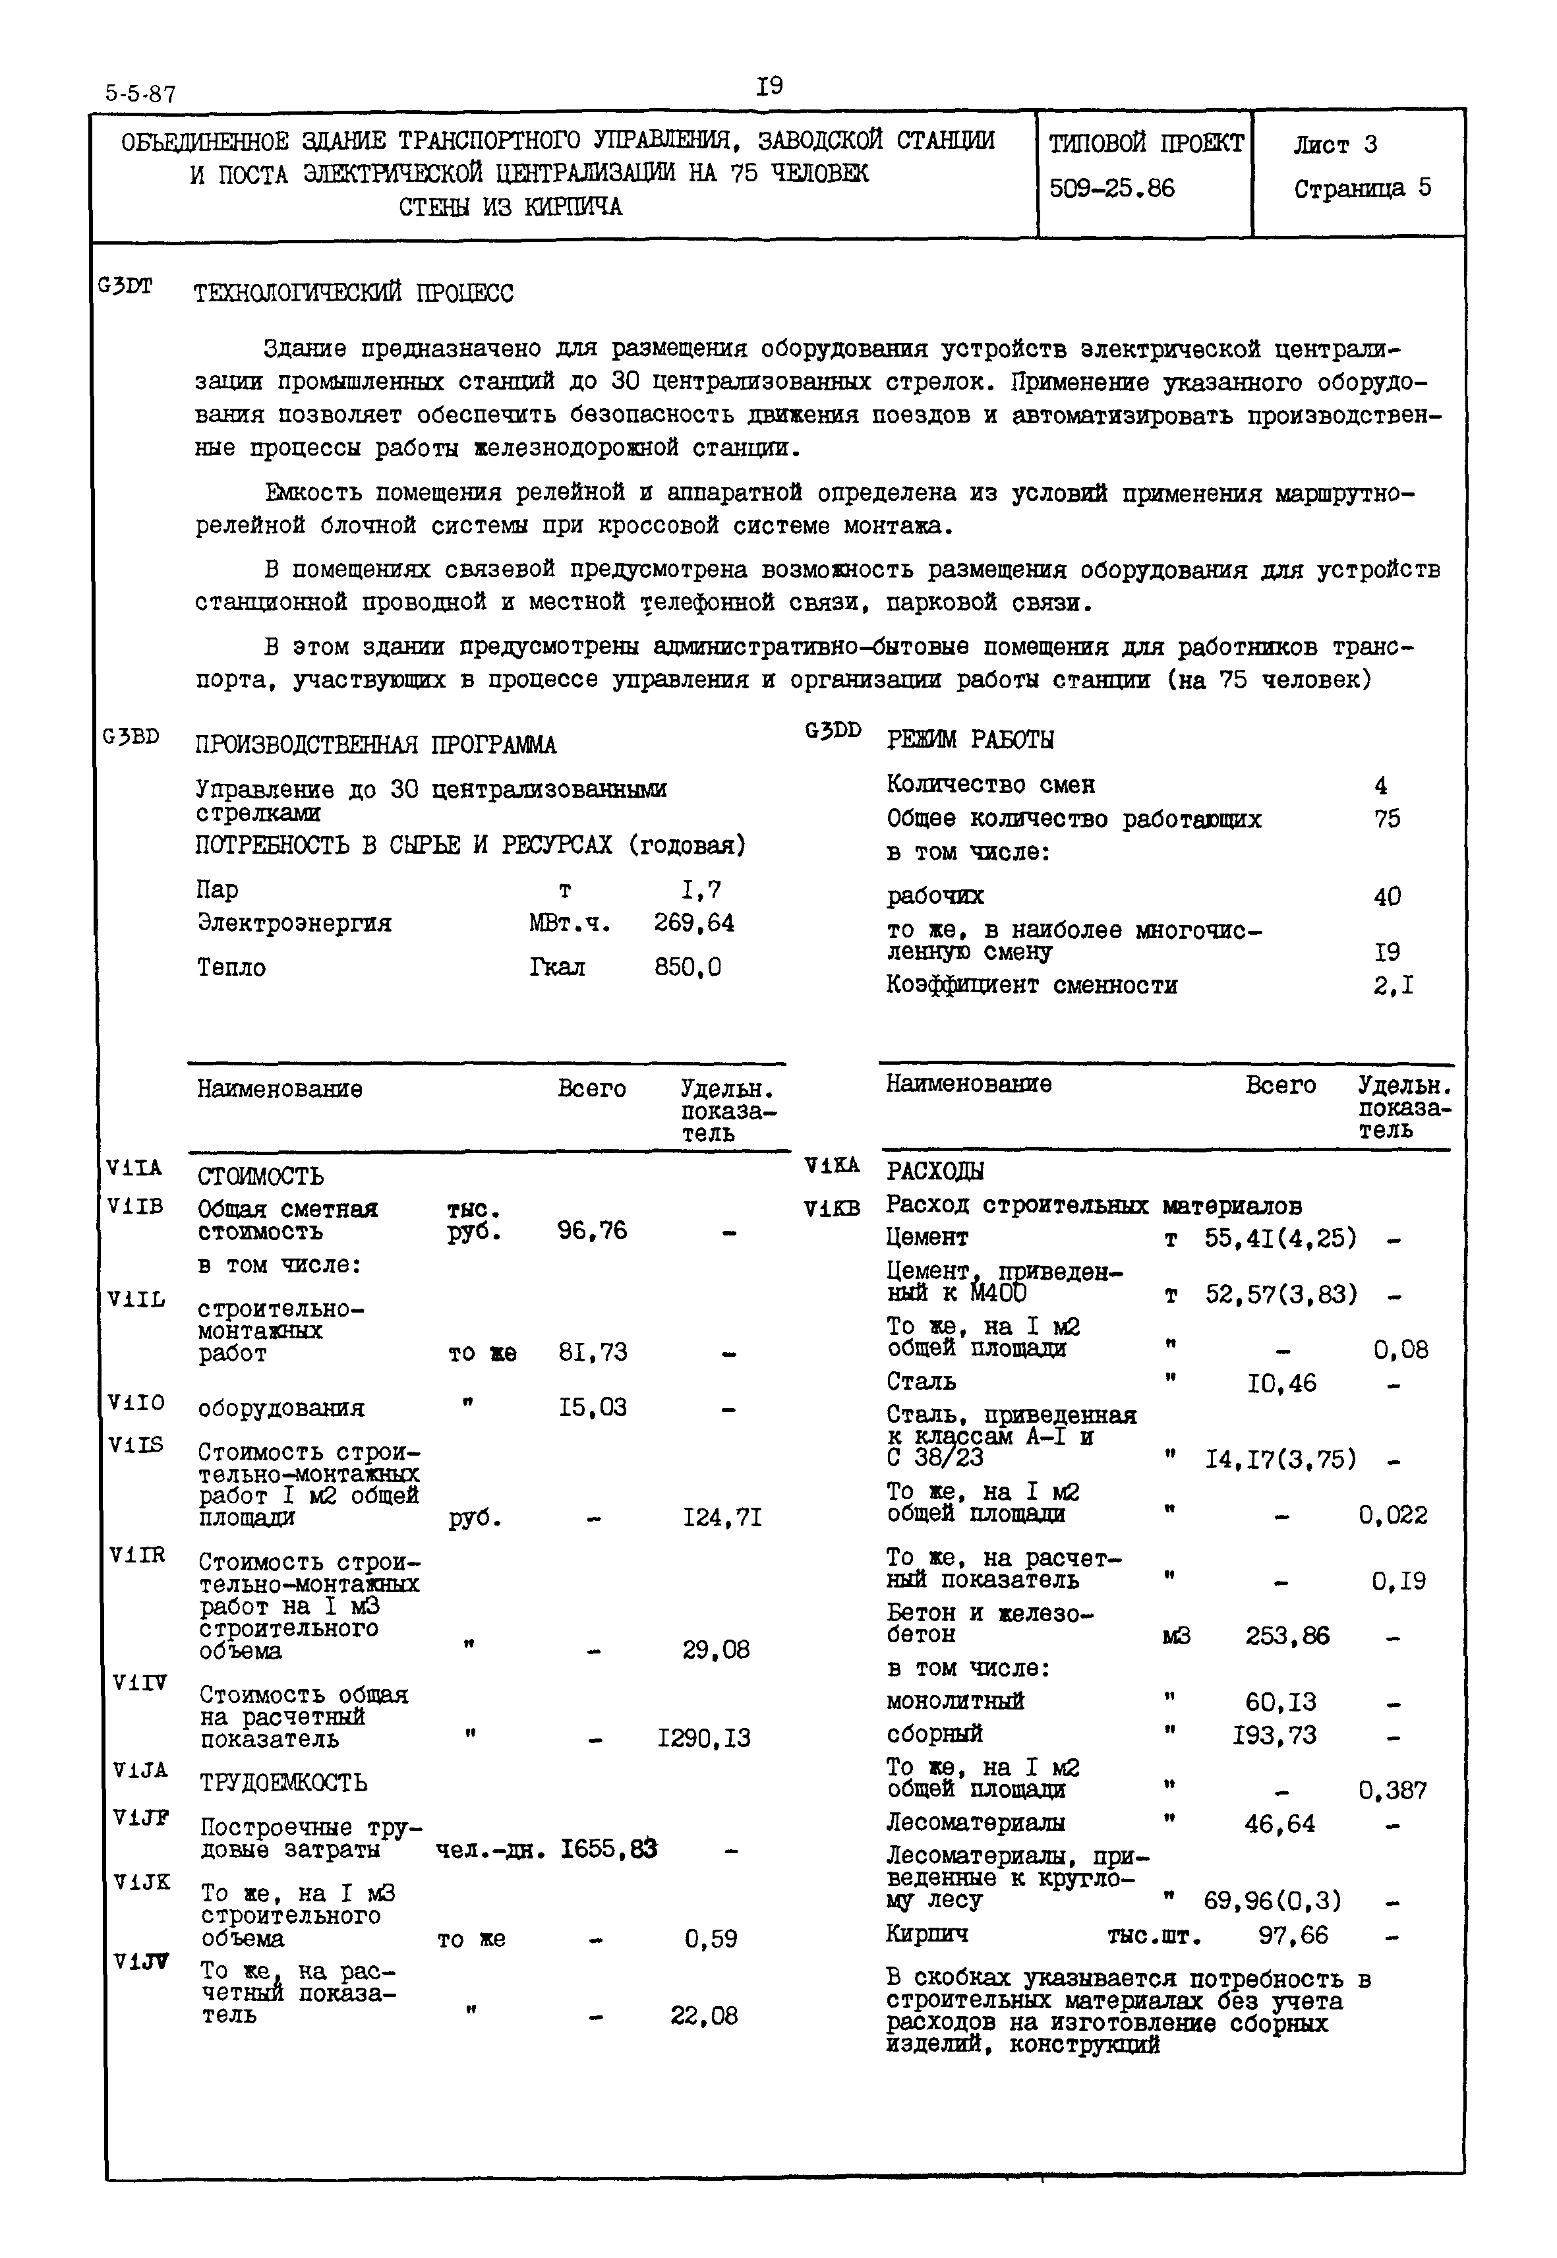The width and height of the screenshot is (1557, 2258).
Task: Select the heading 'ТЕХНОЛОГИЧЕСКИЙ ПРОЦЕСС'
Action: point(353,293)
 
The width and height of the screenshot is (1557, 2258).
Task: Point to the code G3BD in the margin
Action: point(131,736)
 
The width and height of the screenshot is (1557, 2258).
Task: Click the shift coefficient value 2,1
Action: point(1393,986)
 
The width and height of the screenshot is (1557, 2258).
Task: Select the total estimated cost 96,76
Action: point(592,1230)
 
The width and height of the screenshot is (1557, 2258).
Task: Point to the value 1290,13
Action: point(705,1738)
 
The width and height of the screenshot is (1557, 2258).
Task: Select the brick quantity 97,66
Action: point(1293,1935)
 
